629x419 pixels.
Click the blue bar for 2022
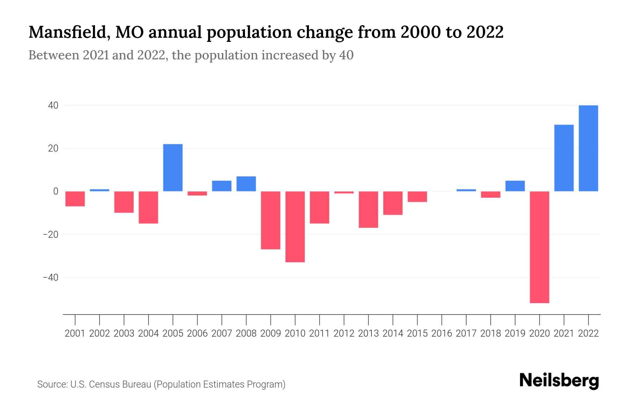(x=588, y=148)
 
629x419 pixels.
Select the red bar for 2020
(x=540, y=247)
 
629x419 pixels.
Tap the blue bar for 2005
(x=173, y=168)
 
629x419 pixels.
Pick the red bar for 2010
(x=295, y=227)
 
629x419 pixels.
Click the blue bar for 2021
(x=564, y=158)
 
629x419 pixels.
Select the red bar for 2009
(x=271, y=220)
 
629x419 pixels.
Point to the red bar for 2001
(x=75, y=199)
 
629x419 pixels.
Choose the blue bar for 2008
(x=246, y=184)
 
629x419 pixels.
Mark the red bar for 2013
(x=368, y=209)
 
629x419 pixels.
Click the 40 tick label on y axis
(x=53, y=105)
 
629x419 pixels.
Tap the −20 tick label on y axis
(x=50, y=234)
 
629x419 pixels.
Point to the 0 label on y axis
(x=56, y=191)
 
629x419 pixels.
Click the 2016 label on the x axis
(x=442, y=333)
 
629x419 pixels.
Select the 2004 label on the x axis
(x=149, y=333)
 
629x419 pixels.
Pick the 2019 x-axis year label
(x=515, y=333)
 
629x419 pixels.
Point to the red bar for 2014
(x=393, y=203)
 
